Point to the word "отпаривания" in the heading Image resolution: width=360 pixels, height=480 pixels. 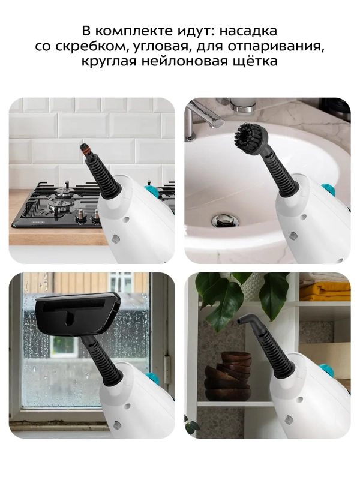(278, 46)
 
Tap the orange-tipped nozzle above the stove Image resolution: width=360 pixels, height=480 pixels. (82, 148)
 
